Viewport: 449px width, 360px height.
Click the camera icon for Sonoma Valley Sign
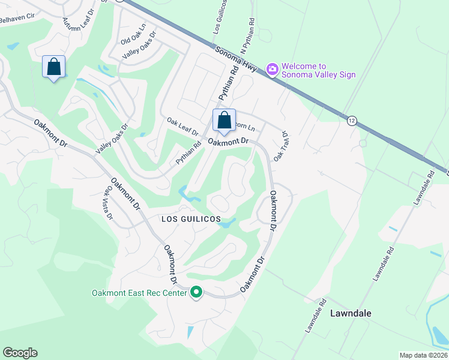coord(273,70)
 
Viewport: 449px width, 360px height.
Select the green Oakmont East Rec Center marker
coord(196,293)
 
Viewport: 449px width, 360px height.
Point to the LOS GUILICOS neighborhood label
coord(191,220)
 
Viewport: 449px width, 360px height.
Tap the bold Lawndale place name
coord(351,313)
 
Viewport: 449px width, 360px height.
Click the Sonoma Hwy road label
coord(237,60)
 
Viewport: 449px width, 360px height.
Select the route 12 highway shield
coord(351,121)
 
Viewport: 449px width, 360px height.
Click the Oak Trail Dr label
coord(282,146)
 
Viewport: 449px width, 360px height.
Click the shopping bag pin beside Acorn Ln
coord(224,120)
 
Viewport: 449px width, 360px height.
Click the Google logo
coord(20,353)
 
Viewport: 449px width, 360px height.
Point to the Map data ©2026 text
coord(423,355)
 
